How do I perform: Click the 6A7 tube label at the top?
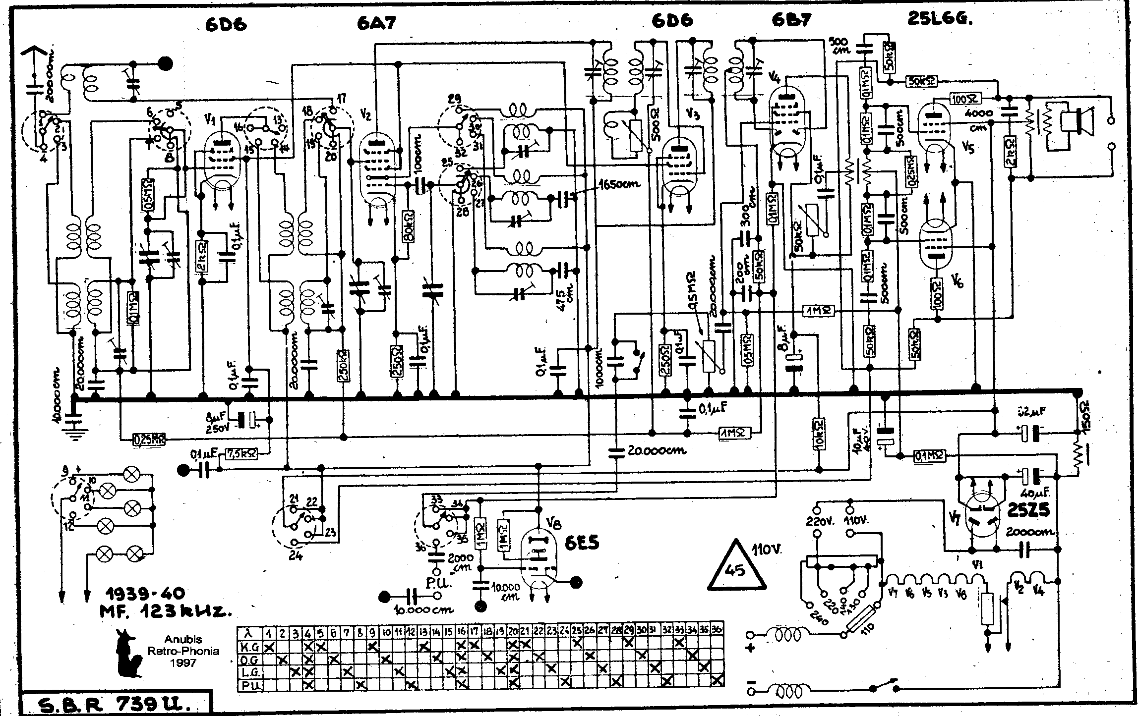click(x=376, y=23)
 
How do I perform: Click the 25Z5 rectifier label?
click(x=1028, y=511)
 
